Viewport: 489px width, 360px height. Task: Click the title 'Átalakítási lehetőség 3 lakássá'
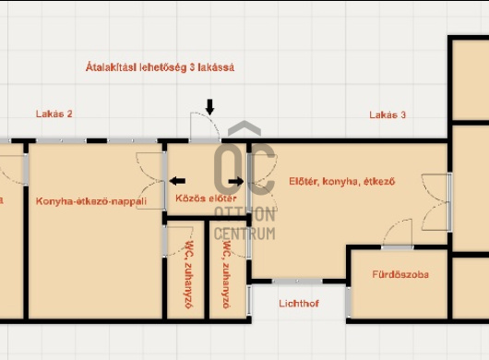[x=160, y=67]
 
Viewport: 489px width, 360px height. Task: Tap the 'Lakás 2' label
[x=54, y=114]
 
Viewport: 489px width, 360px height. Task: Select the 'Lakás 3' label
[x=388, y=114]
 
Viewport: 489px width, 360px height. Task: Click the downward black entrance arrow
[x=209, y=107]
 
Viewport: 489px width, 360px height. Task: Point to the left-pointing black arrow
[x=177, y=181]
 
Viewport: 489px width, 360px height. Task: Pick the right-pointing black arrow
[x=236, y=181]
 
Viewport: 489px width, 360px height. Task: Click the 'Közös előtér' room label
[x=206, y=198]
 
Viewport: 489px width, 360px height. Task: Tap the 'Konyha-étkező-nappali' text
[x=91, y=201]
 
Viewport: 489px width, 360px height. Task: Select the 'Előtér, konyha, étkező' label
[x=342, y=182]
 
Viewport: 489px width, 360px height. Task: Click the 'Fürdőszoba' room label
[x=400, y=274]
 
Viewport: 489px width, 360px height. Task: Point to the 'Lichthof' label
[x=299, y=304]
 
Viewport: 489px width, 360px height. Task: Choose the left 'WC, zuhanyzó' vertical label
[x=189, y=274]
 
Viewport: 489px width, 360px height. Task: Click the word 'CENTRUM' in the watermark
[x=244, y=234]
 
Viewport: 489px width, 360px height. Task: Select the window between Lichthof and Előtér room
[x=297, y=282]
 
